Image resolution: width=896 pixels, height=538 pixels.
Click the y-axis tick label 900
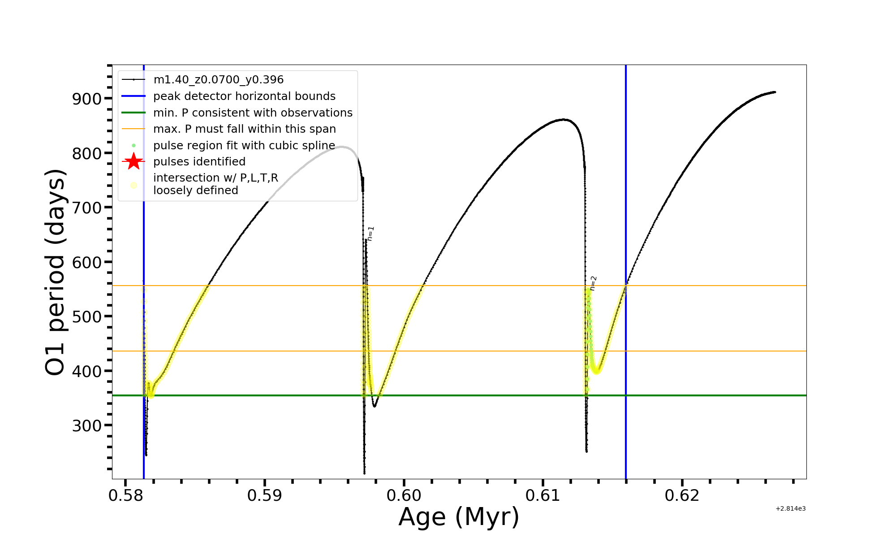coord(86,99)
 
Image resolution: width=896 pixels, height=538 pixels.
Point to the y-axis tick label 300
coord(86,425)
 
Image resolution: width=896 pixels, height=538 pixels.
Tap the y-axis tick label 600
coord(86,262)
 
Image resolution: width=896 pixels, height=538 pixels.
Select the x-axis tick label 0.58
coord(125,495)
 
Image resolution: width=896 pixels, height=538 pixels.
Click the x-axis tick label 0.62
coord(682,495)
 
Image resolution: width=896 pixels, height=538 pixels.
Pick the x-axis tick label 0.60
coord(404,495)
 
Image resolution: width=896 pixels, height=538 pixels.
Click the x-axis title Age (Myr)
coord(459,517)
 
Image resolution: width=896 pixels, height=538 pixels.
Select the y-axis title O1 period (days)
coord(56,272)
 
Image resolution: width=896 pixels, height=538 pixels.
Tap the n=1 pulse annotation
coord(370,234)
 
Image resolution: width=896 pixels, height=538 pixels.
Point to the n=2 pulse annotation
coord(593,283)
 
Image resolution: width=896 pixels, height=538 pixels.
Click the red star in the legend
coord(134,161)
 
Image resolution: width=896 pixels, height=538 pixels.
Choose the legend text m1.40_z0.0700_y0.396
coord(218,80)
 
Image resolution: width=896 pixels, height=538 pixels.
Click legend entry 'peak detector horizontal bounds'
coord(244,96)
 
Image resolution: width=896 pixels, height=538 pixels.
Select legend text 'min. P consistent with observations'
coord(253,113)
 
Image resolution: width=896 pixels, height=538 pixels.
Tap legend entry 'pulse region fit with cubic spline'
coord(244,145)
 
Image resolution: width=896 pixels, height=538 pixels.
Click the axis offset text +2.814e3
coord(790,508)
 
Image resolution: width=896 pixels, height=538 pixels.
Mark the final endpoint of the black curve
coord(775,92)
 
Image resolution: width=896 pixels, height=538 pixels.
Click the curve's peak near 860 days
coord(564,119)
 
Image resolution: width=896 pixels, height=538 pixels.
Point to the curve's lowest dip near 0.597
coord(364,473)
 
